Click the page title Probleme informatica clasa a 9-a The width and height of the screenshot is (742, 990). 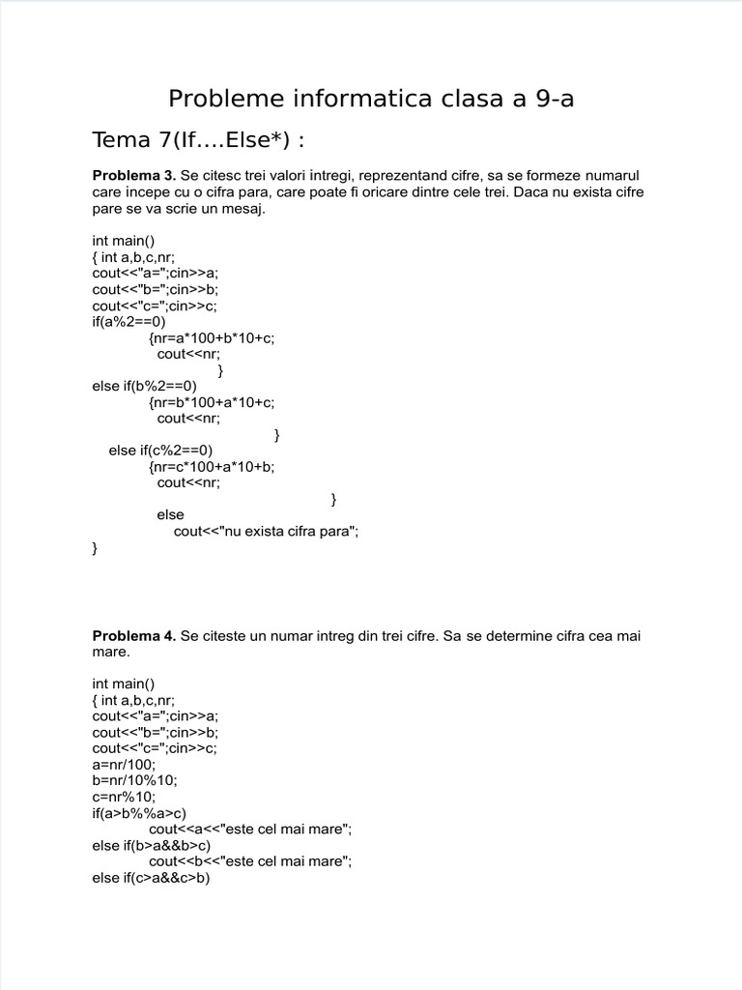coord(371,99)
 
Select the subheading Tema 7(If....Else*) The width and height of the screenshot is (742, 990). coord(198,139)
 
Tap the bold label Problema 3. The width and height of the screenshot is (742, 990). coord(133,175)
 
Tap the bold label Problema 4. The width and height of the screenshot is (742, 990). coord(133,635)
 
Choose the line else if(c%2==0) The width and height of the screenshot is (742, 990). coord(160,450)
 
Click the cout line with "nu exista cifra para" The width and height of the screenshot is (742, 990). coord(266,531)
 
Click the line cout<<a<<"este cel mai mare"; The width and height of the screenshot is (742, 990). coord(250,830)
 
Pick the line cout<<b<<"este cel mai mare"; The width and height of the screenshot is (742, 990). coord(250,861)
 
